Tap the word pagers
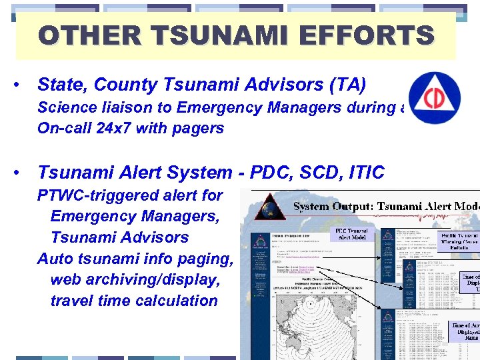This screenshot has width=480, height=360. (x=197, y=128)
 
